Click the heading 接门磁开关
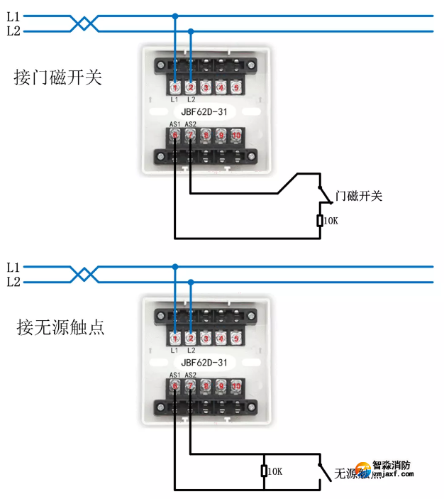pos(58,77)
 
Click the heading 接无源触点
pos(58,327)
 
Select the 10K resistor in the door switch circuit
pos(320,221)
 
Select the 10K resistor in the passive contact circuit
pos(264,471)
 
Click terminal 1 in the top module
pos(174,88)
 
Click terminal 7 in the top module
pos(190,135)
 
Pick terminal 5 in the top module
pos(236,88)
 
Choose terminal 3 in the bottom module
pos(206,339)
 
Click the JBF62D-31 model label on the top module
pos(204,111)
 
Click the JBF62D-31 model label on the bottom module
pos(204,362)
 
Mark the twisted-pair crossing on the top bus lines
pos(84,23)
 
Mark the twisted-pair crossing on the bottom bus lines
pos(84,275)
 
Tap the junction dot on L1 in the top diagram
pos(174,16)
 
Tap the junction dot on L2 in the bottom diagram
pos(190,282)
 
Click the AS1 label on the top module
pos(174,124)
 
